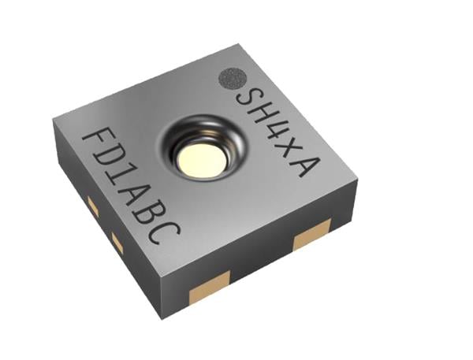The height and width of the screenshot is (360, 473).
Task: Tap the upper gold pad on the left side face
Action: pos(91,206)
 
